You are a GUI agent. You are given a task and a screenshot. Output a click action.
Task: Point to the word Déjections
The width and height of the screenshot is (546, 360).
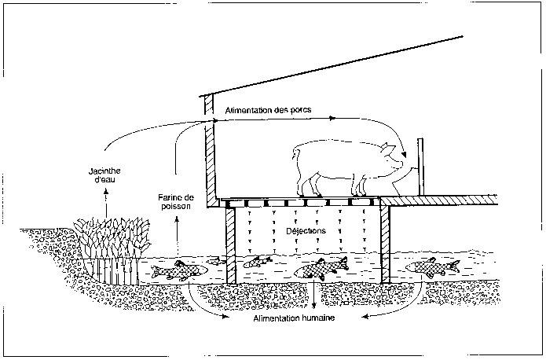pos(306,232)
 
